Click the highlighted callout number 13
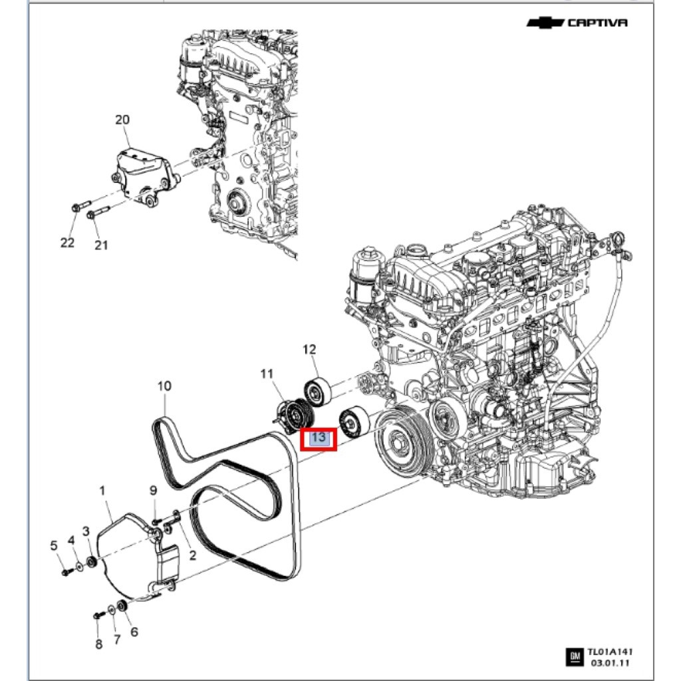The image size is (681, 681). [319, 438]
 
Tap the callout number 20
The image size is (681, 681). [122, 120]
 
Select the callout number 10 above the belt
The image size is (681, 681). [164, 386]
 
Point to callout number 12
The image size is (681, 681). [309, 349]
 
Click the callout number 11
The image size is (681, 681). [267, 374]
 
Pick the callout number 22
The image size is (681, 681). [68, 243]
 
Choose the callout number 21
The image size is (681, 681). [100, 245]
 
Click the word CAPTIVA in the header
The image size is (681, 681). [597, 23]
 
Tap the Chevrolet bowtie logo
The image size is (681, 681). [545, 23]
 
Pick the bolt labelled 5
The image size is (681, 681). [65, 572]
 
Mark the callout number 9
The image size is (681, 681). [153, 491]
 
